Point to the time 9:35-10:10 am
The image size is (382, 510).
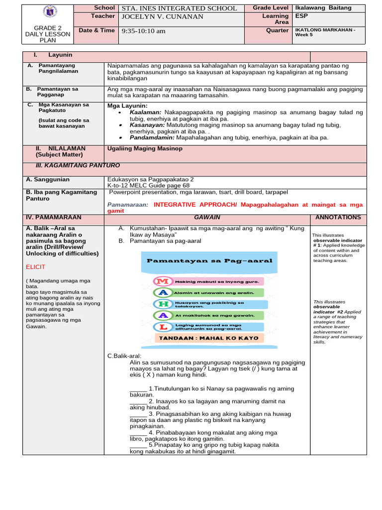pyautogui.click(x=144, y=31)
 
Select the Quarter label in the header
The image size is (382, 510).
pyautogui.click(x=277, y=30)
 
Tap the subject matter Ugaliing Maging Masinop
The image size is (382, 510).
pyautogui.click(x=145, y=149)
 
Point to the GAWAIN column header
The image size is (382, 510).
pyautogui.click(x=207, y=218)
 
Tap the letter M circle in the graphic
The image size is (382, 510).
pyautogui.click(x=161, y=281)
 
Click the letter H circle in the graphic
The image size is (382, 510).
pyautogui.click(x=161, y=304)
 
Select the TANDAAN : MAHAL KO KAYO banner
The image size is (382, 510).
pyautogui.click(x=209, y=338)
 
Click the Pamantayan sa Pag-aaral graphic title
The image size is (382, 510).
pyautogui.click(x=209, y=260)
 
